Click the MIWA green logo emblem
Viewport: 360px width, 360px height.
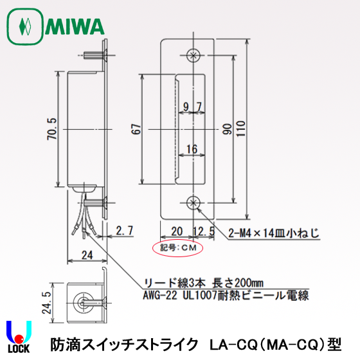pos(25,28)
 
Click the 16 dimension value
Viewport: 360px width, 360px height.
pos(192,149)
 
